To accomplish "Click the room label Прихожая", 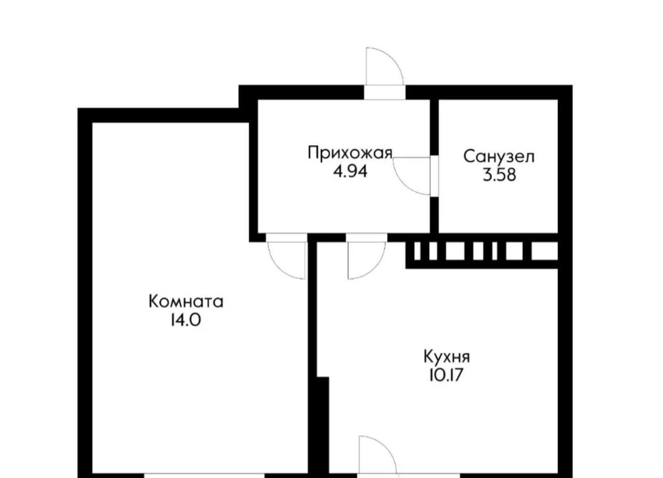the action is click(x=350, y=153).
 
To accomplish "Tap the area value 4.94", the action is click(x=350, y=171).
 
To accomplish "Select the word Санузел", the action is click(x=499, y=156).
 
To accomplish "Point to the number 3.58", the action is click(x=499, y=175).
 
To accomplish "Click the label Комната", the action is click(x=186, y=301).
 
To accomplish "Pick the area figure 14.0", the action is click(x=186, y=320).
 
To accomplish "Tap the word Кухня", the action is click(x=446, y=357).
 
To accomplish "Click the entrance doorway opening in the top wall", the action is click(x=384, y=92).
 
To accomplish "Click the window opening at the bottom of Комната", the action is click(x=204, y=475).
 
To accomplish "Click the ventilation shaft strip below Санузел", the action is click(x=482, y=251).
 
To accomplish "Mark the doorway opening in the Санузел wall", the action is click(x=434, y=176).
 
